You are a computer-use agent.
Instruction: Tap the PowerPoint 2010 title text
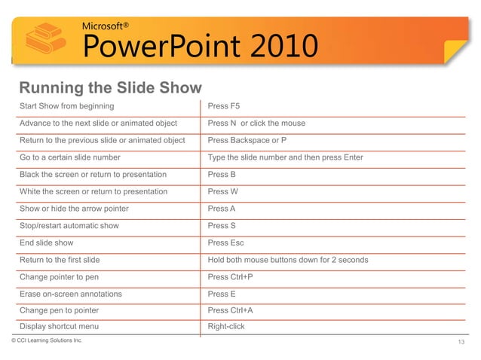(x=197, y=48)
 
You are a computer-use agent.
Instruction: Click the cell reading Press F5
(x=224, y=105)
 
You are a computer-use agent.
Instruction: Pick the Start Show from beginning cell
(x=67, y=105)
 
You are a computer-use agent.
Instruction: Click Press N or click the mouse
(x=256, y=123)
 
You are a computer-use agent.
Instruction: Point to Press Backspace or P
(x=247, y=140)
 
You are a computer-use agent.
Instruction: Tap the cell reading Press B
(x=222, y=174)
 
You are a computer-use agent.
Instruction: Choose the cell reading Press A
(x=222, y=209)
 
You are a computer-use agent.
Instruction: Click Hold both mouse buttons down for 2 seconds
(x=288, y=260)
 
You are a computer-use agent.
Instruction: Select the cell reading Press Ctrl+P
(x=230, y=277)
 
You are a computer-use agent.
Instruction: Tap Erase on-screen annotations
(x=71, y=294)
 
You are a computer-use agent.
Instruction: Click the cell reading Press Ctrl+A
(x=230, y=310)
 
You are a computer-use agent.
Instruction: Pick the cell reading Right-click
(x=226, y=326)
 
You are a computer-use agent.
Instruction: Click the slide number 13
(x=462, y=343)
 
